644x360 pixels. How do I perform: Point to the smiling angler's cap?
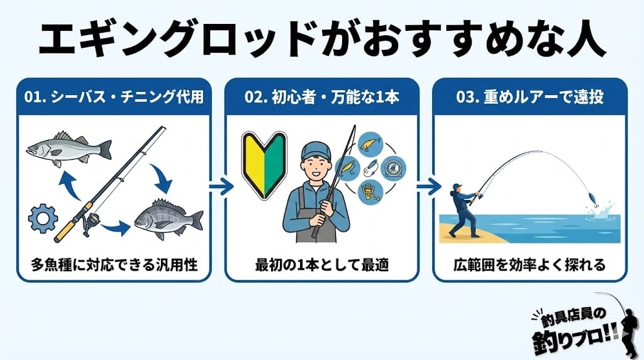pyautogui.click(x=315, y=150)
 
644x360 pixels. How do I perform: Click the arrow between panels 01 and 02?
pyautogui.click(x=221, y=186)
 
